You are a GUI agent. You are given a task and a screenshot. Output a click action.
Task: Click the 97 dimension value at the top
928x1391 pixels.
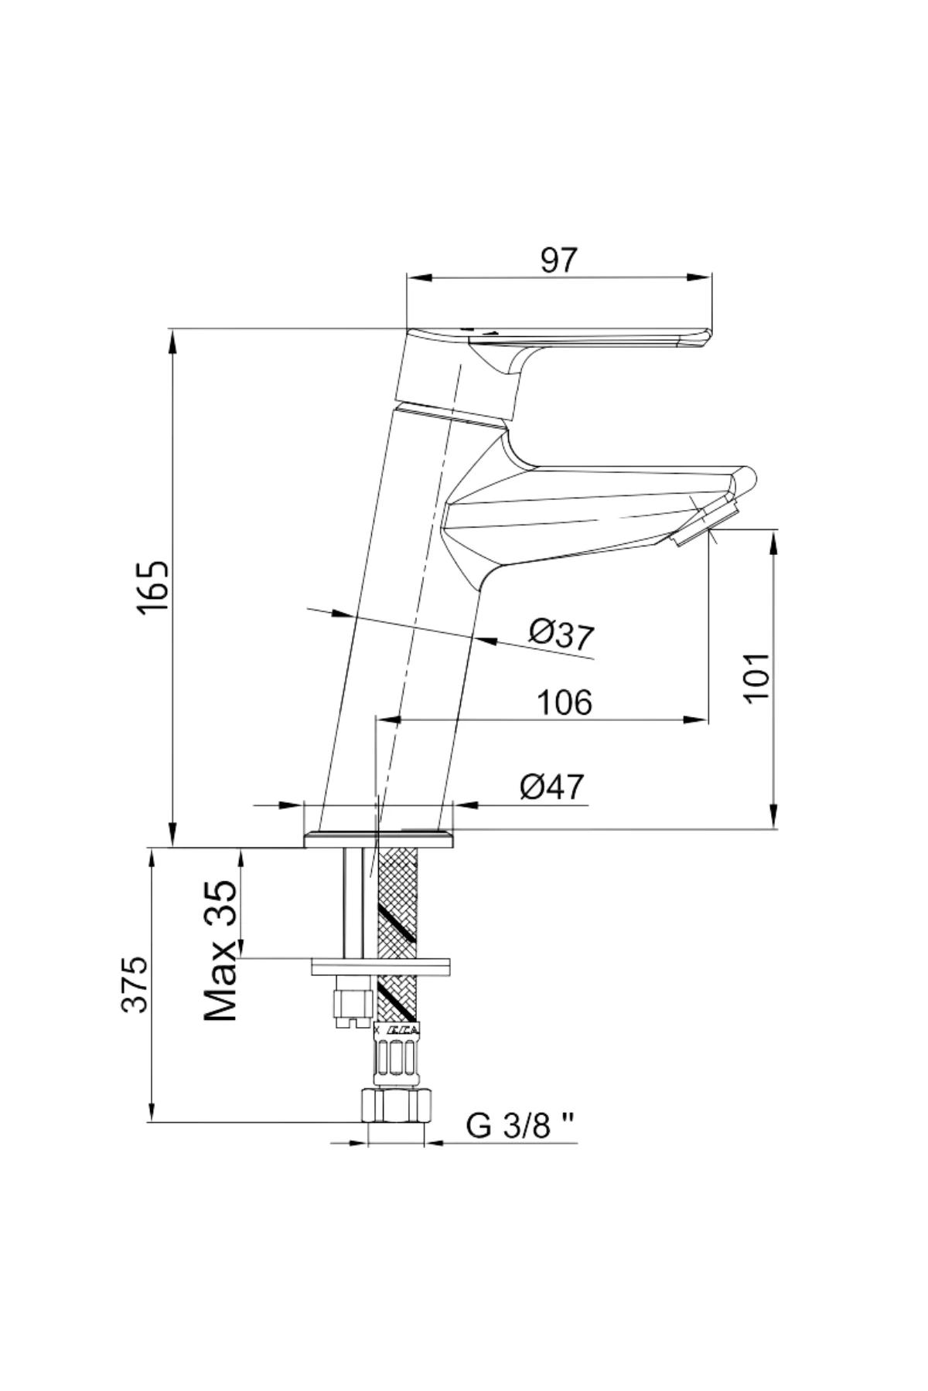558,260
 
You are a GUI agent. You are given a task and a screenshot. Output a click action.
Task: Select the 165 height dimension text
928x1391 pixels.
152,588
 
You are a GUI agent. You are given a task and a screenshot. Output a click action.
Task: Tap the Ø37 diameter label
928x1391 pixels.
562,635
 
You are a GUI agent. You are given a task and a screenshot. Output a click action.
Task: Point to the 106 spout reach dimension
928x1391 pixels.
565,702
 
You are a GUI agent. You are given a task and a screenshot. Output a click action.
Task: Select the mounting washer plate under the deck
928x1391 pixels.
380,966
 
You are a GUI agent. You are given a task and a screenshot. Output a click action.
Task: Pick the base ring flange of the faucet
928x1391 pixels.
380,838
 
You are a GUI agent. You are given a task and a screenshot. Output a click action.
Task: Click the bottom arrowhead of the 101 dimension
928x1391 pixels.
773,818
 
